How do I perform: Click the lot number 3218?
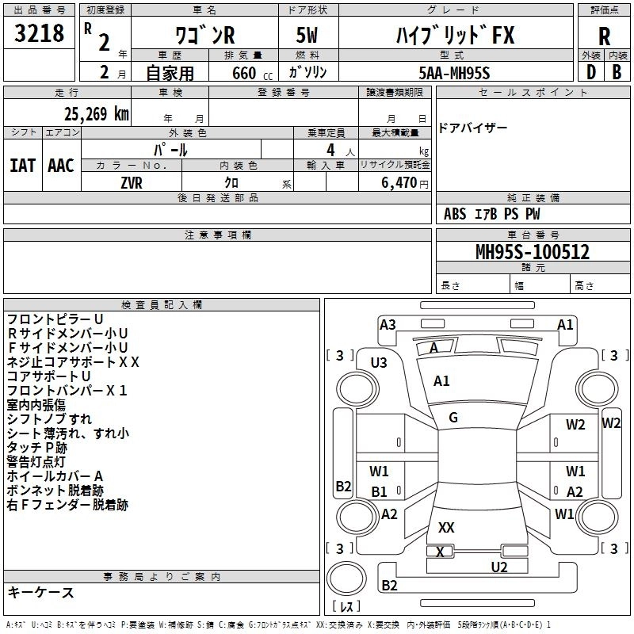pyautogui.click(x=39, y=34)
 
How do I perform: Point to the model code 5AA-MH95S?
pyautogui.click(x=454, y=72)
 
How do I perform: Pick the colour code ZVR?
pyautogui.click(x=132, y=182)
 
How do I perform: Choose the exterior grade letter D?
pyautogui.click(x=590, y=71)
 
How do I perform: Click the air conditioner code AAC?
pyautogui.click(x=61, y=166)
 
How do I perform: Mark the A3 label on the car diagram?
pyautogui.click(x=388, y=324)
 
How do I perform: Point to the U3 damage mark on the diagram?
pyautogui.click(x=379, y=362)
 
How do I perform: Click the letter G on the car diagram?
pyautogui.click(x=453, y=418)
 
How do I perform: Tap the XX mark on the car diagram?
pyautogui.click(x=446, y=527)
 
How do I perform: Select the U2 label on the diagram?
pyautogui.click(x=498, y=566)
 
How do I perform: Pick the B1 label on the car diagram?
pyautogui.click(x=380, y=491)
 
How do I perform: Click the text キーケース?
pyautogui.click(x=40, y=593)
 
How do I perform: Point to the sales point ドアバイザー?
pyautogui.click(x=472, y=128)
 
